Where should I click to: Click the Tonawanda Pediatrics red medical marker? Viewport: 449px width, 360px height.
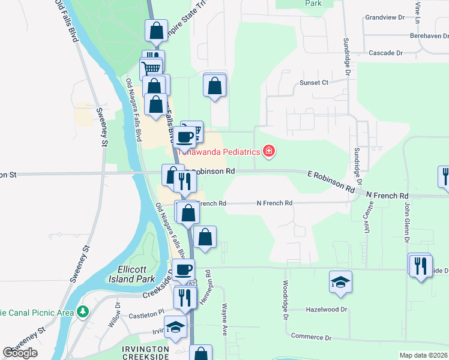(x=269, y=151)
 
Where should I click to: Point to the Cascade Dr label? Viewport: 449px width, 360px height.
(x=385, y=53)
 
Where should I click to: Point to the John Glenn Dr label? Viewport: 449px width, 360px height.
(x=406, y=221)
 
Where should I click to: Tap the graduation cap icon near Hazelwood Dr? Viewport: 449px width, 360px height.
(x=340, y=283)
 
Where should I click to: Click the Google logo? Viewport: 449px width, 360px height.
(x=20, y=353)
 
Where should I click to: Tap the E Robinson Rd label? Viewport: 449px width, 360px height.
(x=329, y=180)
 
